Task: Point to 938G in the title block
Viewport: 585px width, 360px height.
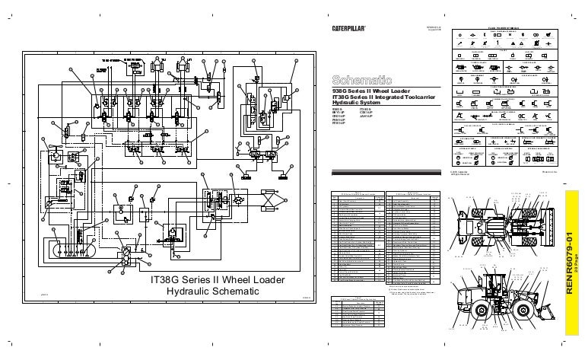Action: point(341,91)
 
